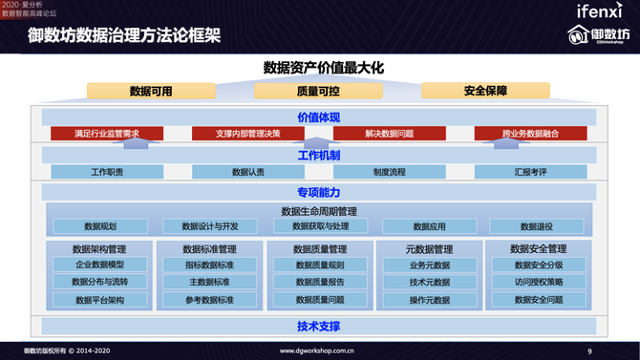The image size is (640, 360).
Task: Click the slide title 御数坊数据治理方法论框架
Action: [124, 36]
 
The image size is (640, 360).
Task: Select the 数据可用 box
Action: [151, 91]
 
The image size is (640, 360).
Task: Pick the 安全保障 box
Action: [485, 91]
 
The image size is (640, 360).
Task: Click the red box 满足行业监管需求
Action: [107, 134]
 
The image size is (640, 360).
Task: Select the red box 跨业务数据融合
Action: [531, 134]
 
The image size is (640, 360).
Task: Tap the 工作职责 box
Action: [107, 172]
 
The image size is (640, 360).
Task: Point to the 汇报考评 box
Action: [531, 172]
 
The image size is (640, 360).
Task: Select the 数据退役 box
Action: [537, 226]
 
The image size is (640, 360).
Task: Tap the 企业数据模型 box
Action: [100, 265]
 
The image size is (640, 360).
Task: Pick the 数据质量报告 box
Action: [320, 282]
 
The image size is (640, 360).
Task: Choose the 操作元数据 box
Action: [429, 300]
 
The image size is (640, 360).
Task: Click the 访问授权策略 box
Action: [539, 282]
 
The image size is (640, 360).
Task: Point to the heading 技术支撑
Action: [318, 327]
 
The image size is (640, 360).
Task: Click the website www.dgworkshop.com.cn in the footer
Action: [318, 351]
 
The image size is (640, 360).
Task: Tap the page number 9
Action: [589, 351]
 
